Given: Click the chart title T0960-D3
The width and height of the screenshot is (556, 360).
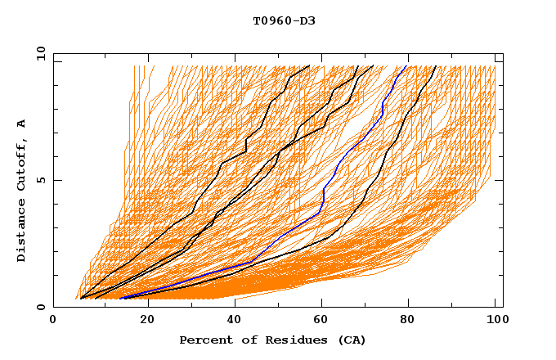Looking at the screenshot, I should pyautogui.click(x=284, y=21).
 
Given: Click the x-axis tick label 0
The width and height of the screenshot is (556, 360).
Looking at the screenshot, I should pyautogui.click(x=53, y=321).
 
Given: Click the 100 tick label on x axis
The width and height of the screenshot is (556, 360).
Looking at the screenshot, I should pyautogui.click(x=495, y=321).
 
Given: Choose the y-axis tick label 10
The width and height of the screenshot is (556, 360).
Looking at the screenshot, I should pyautogui.click(x=40, y=53).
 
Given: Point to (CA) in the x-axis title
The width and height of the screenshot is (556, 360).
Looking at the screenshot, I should pyautogui.click(x=351, y=340).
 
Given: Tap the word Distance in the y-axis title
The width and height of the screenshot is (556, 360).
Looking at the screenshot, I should pyautogui.click(x=22, y=233).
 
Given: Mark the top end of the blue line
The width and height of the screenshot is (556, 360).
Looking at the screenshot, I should pyautogui.click(x=407, y=66).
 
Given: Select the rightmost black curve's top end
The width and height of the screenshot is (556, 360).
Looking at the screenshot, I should pyautogui.click(x=436, y=66).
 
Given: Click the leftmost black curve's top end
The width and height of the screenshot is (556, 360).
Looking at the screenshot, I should pyautogui.click(x=309, y=66).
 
